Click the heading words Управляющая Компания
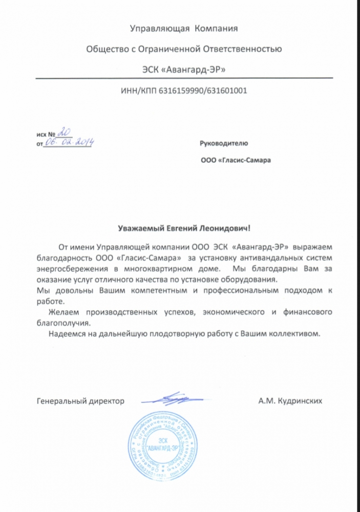tap(183, 29)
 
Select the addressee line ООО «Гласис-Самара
tap(236, 160)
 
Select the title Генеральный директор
tap(81, 402)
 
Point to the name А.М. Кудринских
tap(290, 402)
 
